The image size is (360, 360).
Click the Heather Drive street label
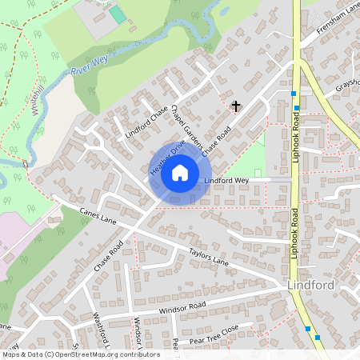166,154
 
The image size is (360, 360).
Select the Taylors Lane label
209,256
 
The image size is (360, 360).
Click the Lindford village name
310,285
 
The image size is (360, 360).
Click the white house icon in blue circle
180,173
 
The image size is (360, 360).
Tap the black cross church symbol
236,106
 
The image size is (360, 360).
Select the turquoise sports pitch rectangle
118,14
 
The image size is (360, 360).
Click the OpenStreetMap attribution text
80,354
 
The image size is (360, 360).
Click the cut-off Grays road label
347,85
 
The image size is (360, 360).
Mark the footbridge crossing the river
26,166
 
